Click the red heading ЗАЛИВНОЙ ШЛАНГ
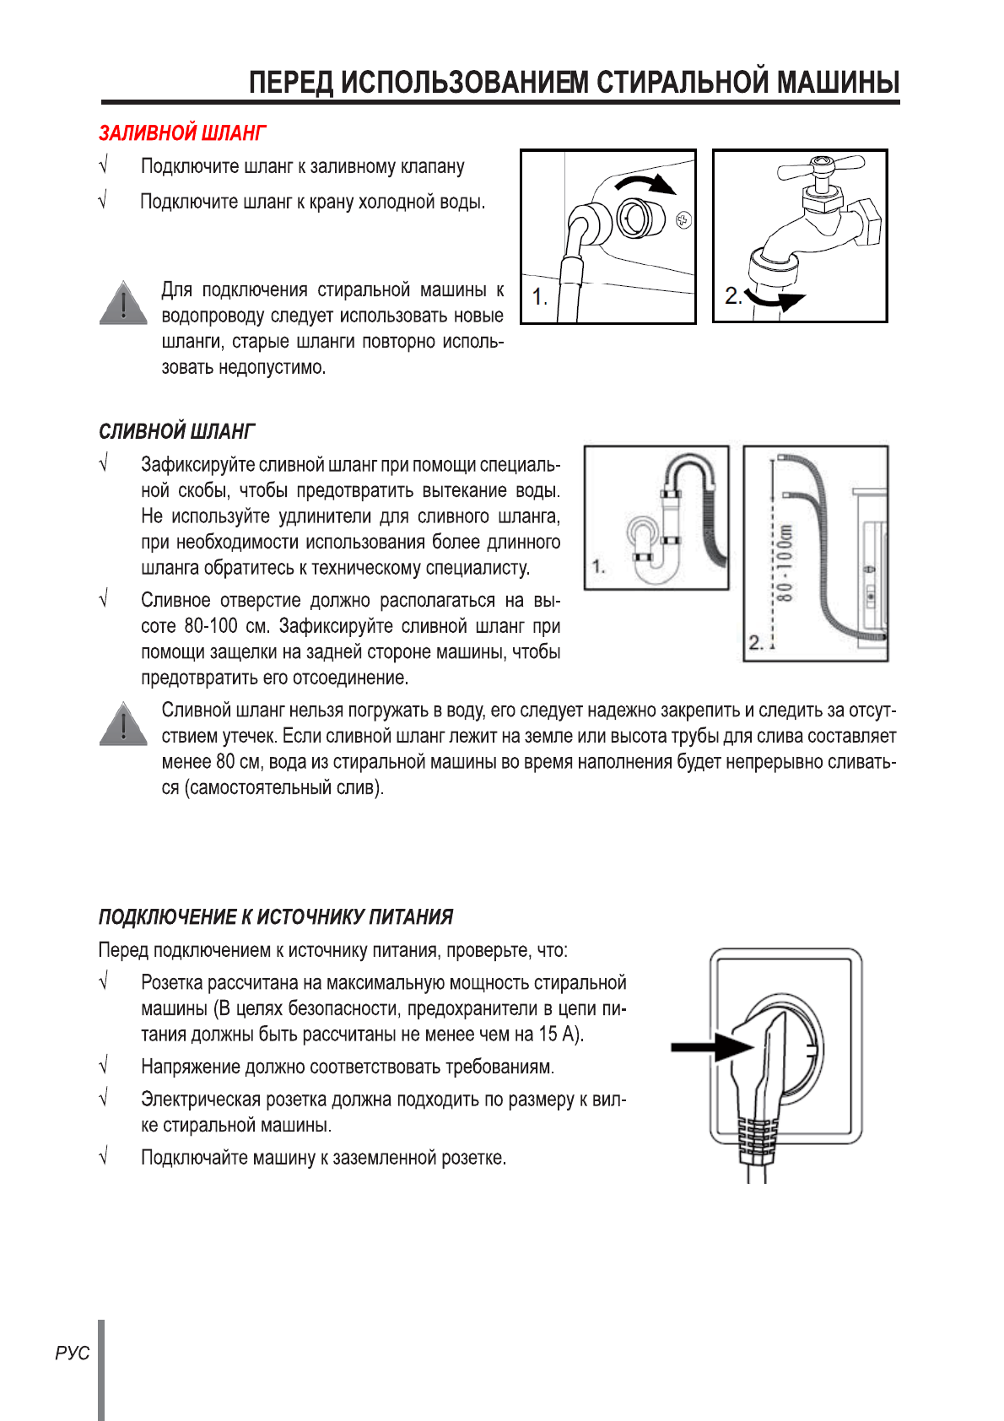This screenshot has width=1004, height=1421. point(182,133)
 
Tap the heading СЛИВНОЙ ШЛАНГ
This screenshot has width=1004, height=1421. point(176,431)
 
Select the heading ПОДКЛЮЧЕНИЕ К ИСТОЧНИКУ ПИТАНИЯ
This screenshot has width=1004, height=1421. point(276,916)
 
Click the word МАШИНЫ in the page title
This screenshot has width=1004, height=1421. point(838,83)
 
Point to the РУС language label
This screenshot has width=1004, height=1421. point(73,1353)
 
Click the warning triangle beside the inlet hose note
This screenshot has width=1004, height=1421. point(123,304)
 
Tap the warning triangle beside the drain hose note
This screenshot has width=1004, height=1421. point(123,725)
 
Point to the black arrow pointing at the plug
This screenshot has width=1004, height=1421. point(710,1047)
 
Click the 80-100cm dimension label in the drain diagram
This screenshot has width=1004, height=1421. point(785,563)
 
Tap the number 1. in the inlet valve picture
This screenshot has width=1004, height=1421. point(540,297)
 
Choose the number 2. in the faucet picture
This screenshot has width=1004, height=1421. point(733,295)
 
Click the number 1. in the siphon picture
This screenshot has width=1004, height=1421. point(598,566)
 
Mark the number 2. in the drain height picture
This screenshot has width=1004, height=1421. point(756,643)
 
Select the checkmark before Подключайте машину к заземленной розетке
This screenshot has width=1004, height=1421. point(104,1157)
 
